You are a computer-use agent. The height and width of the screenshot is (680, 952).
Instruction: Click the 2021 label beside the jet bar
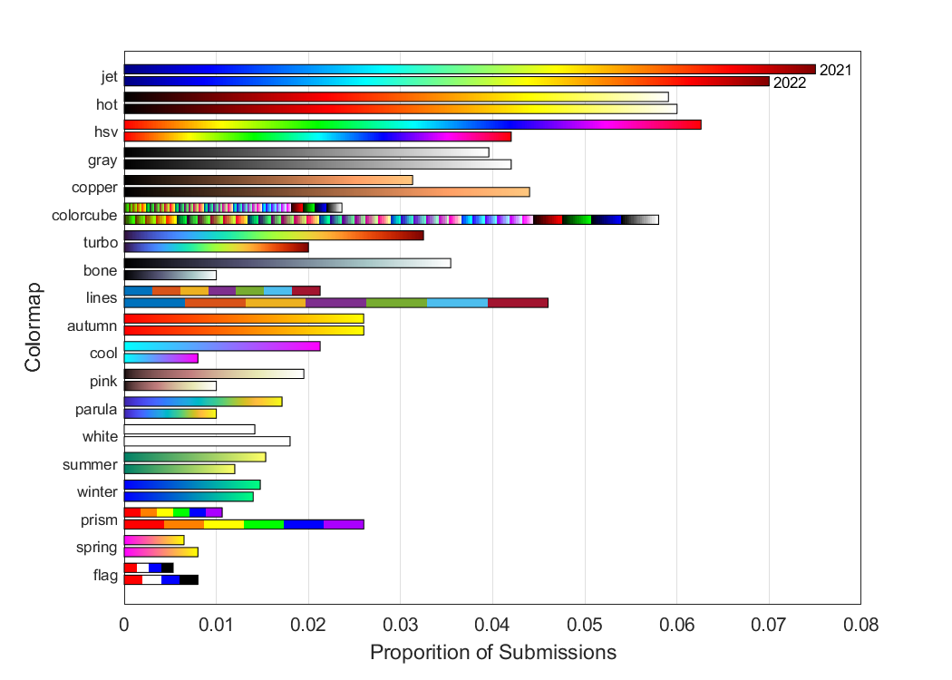coord(835,70)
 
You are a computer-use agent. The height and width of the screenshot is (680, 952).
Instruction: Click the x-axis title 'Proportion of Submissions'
coord(493,653)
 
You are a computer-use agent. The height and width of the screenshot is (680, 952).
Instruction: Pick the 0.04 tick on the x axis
coord(492,624)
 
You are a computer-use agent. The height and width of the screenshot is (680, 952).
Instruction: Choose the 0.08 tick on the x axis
coord(860,624)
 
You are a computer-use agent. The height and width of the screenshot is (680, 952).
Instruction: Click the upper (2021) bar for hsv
coord(413,124)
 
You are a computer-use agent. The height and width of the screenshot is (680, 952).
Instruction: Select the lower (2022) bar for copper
coord(326,191)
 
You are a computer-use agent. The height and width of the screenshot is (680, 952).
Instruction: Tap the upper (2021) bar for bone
coord(287,263)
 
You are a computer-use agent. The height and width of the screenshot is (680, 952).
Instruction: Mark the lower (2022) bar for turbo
coord(216,247)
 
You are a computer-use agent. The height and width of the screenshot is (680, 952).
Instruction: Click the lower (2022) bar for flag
coord(160,579)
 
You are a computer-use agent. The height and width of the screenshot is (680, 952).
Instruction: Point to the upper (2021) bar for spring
coord(154,540)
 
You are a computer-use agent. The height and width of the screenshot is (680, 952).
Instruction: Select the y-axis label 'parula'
coord(96,409)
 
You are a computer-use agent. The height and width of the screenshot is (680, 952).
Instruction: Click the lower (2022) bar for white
coord(207,441)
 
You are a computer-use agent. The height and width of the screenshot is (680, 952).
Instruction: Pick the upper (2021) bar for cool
coord(222,345)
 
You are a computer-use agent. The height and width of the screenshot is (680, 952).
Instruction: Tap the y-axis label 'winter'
coord(97,492)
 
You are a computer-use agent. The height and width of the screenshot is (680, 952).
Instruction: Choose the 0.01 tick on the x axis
coord(216,624)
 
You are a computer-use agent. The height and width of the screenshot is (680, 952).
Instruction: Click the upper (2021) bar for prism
coord(173,512)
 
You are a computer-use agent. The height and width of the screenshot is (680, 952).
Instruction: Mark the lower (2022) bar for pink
coord(170,385)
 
